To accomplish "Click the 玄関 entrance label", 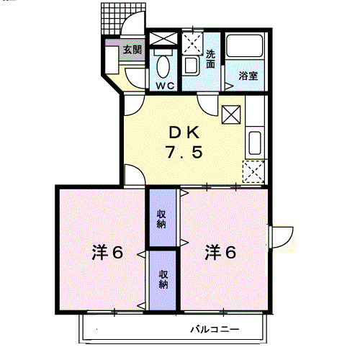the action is point(132,50).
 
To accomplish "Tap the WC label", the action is point(165,86).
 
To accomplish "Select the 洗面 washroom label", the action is point(210,59).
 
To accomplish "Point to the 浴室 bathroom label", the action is point(248,76).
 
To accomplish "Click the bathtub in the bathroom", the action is point(244,46).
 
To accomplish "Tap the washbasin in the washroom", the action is point(192,66).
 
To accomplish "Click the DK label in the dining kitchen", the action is point(184,132).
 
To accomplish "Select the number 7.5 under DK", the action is point(184,152).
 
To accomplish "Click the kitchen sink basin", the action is point(255,143).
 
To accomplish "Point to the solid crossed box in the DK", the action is point(231,114).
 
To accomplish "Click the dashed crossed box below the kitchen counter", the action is point(253,171).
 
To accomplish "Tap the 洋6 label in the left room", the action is point(107,252).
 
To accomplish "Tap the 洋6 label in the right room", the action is point(220,252).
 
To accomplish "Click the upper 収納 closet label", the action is point(161,219).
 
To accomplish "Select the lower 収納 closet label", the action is point(163,279).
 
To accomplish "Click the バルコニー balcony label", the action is point(215,329).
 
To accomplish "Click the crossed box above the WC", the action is point(163,38).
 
